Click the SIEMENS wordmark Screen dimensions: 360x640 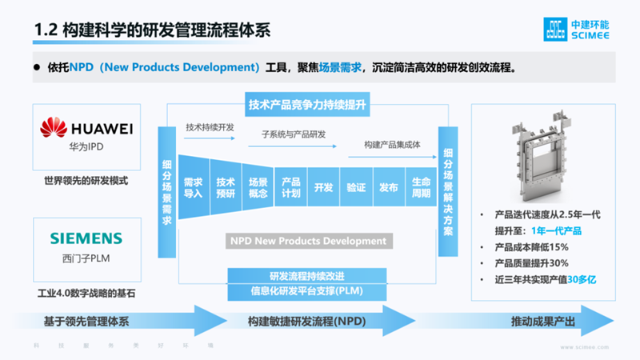(86, 238)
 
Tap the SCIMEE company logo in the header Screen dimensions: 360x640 (574, 29)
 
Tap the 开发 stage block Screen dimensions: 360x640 (323, 187)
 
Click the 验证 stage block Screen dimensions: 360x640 (356, 187)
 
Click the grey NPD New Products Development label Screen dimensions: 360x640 (308, 241)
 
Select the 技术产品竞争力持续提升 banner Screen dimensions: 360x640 (308, 104)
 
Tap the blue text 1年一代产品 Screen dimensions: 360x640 (554, 231)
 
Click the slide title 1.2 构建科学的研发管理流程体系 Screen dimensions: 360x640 (153, 30)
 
